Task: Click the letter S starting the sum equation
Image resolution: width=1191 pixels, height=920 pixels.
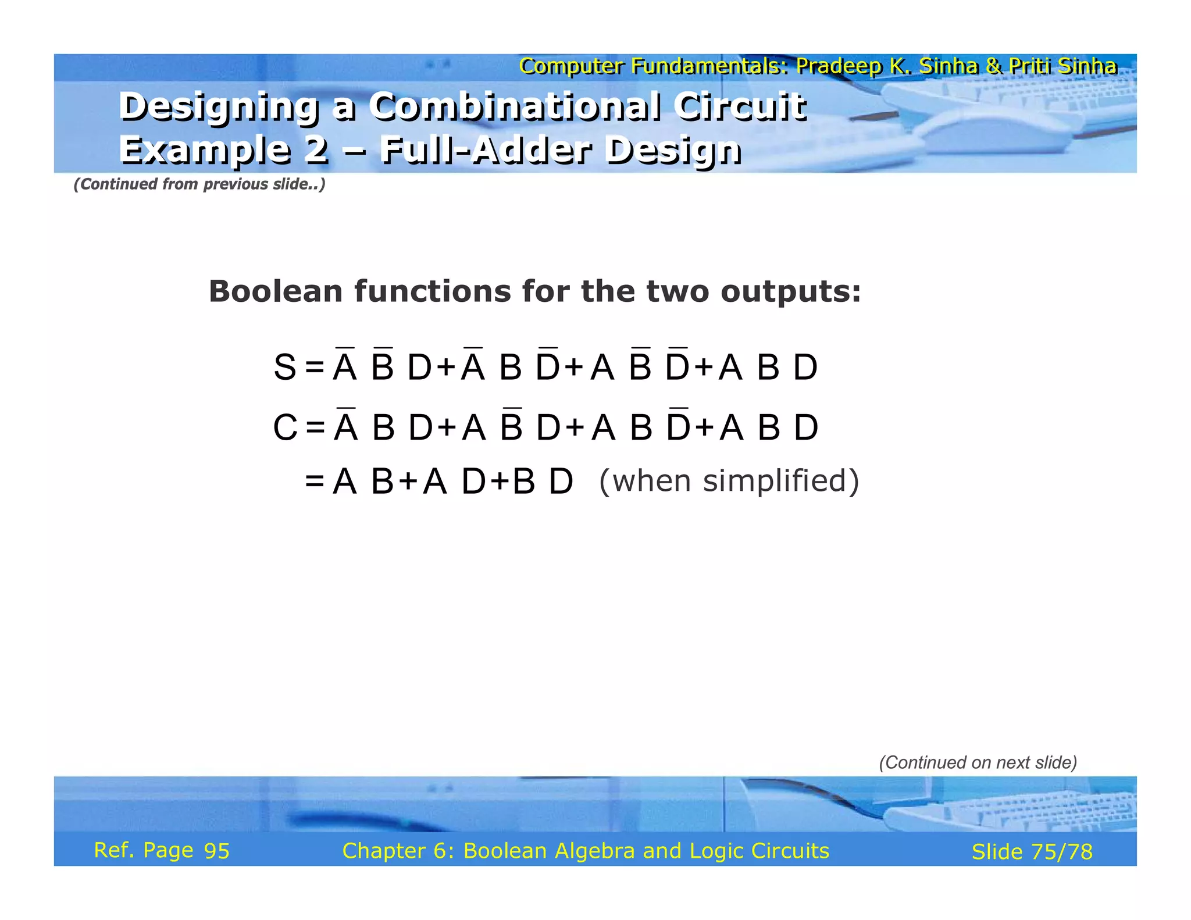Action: (x=285, y=368)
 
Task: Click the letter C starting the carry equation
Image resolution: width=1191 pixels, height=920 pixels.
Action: (x=285, y=428)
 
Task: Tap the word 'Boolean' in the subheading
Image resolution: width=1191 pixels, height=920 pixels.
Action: (x=274, y=291)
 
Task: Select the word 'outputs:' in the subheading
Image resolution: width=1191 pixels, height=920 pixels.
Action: (x=790, y=291)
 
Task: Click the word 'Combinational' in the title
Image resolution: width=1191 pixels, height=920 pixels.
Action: (x=515, y=107)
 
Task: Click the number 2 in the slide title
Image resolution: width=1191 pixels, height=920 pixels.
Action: (x=316, y=150)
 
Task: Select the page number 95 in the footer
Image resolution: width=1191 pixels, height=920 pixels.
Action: (x=217, y=851)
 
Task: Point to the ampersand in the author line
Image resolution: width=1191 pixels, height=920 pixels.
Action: (x=993, y=66)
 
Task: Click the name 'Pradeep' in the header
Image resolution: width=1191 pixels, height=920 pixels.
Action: (x=839, y=66)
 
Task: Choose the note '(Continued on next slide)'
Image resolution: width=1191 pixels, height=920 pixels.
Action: (x=978, y=762)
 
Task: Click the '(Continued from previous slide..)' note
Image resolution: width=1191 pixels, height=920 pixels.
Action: (x=199, y=184)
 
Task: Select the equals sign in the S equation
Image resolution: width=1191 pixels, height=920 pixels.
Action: (x=315, y=368)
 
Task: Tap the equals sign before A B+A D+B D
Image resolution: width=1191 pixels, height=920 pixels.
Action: (x=315, y=482)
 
